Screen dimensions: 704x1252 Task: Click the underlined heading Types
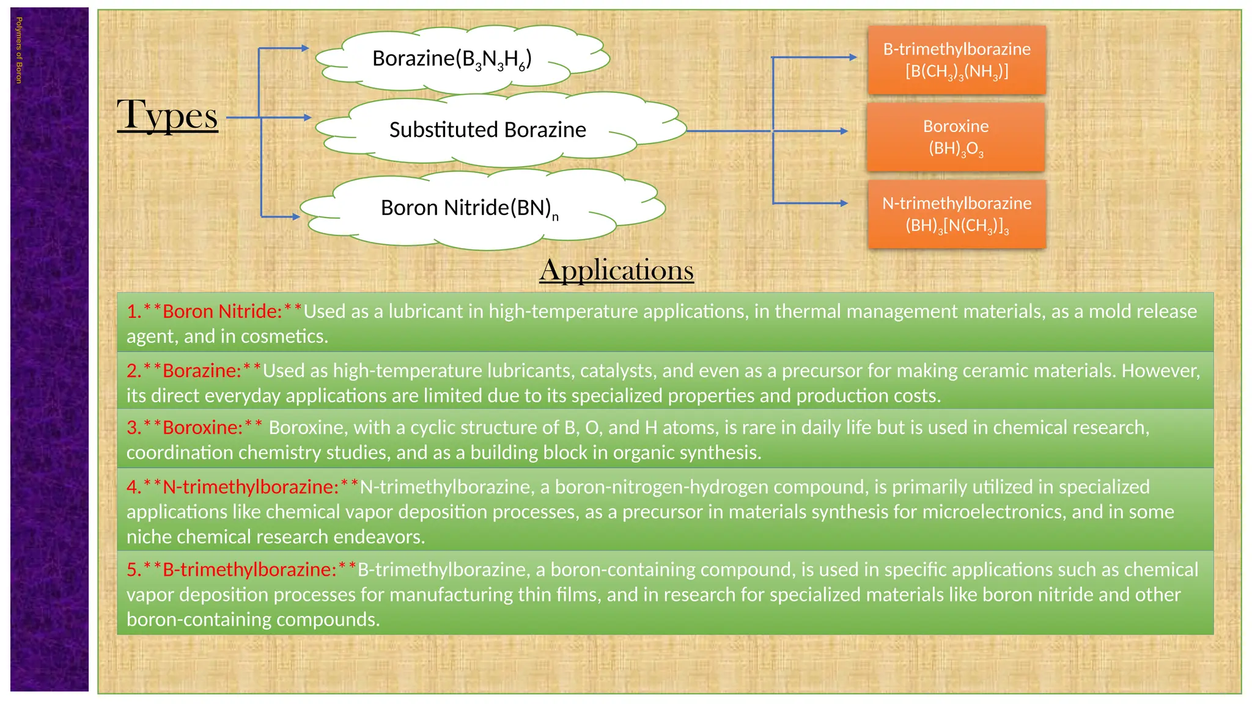pyautogui.click(x=168, y=115)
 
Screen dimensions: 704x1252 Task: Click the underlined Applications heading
pyautogui.click(x=616, y=270)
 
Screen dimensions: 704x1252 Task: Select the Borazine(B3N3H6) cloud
pyautogui.click(x=452, y=59)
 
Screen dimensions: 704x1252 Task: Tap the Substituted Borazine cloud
pyautogui.click(x=487, y=130)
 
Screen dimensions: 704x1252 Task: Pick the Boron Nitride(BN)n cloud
pyautogui.click(x=469, y=208)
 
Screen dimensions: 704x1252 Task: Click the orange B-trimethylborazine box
pyautogui.click(x=957, y=60)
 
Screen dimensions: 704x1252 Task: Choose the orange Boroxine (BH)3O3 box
pyautogui.click(x=956, y=137)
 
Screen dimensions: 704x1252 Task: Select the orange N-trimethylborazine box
pyautogui.click(x=957, y=214)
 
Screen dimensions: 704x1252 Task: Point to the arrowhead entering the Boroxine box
pyautogui.click(x=844, y=131)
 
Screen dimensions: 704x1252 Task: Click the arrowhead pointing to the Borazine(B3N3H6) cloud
pyautogui.click(x=305, y=48)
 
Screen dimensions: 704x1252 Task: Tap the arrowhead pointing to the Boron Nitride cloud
pyautogui.click(x=296, y=216)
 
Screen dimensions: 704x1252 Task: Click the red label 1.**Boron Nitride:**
pyautogui.click(x=214, y=312)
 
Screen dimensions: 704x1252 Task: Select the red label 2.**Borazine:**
pyautogui.click(x=193, y=371)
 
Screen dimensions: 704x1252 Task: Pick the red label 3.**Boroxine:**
pyautogui.click(x=194, y=428)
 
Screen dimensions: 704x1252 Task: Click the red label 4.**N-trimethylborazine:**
pyautogui.click(x=242, y=487)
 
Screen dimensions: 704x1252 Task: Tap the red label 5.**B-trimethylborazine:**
pyautogui.click(x=241, y=570)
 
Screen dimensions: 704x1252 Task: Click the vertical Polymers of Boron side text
pyautogui.click(x=19, y=50)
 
